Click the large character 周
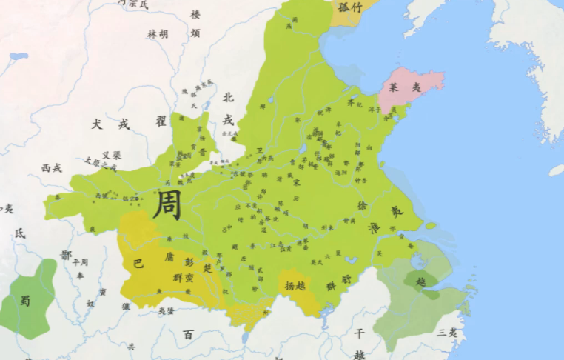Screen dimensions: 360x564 (x=167, y=204)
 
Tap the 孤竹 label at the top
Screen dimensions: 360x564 (x=349, y=7)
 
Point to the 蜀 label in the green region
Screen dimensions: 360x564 (x=26, y=300)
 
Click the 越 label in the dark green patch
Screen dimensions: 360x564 (x=420, y=281)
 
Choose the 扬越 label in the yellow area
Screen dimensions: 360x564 (x=295, y=284)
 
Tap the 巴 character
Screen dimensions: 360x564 (x=138, y=263)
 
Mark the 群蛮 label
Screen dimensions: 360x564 (x=183, y=278)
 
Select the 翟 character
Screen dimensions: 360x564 (x=161, y=121)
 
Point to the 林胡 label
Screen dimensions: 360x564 (x=158, y=34)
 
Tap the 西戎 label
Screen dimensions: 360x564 (x=52, y=168)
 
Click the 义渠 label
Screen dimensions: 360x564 (x=111, y=155)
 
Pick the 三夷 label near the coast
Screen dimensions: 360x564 (x=447, y=332)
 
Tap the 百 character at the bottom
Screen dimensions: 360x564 (x=188, y=335)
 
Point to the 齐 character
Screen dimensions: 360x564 (x=351, y=103)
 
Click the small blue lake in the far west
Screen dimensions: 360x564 (x=19, y=56)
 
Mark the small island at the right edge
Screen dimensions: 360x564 (x=556, y=170)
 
